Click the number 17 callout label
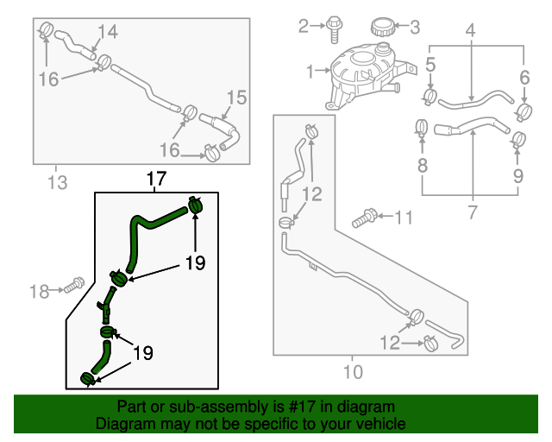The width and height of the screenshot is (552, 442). tap(156, 179)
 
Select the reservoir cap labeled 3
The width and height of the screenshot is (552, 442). tap(381, 27)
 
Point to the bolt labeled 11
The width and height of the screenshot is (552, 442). tap(364, 218)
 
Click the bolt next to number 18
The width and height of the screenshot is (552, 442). tap(74, 285)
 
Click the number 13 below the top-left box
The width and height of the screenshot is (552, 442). tap(58, 182)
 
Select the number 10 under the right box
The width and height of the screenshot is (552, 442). tap(353, 372)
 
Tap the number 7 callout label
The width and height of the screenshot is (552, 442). tap(472, 212)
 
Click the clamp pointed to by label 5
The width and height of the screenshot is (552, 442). tap(430, 97)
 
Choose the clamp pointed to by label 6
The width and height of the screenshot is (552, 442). tap(524, 112)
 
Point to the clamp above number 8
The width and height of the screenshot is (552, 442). tap(421, 127)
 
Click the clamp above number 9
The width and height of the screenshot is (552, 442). tap(518, 140)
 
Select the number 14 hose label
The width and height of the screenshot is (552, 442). tap(108, 32)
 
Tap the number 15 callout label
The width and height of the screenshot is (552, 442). tap(236, 98)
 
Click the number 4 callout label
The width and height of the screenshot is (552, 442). tap(471, 30)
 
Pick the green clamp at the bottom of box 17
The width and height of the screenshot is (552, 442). tap(88, 379)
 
